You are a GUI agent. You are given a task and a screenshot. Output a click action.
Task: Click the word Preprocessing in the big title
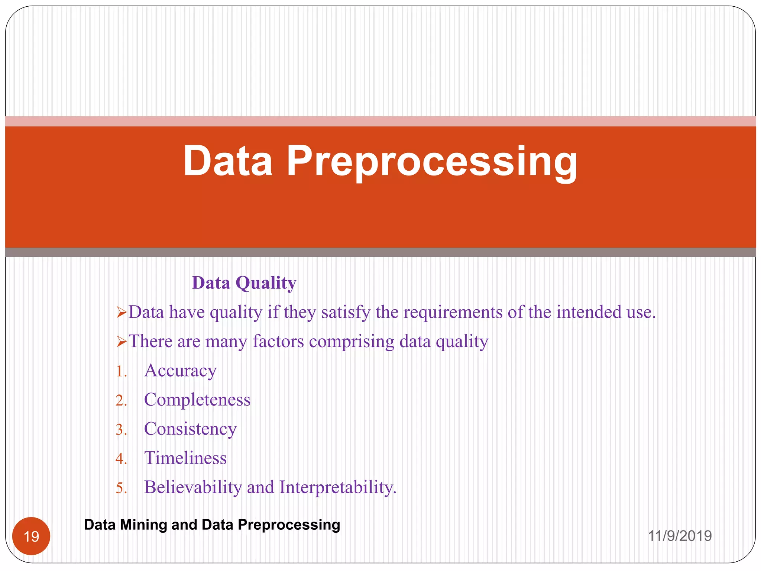(432, 161)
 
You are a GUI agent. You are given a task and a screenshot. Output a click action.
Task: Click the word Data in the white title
(228, 161)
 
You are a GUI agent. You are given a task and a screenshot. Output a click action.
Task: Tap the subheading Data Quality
(244, 283)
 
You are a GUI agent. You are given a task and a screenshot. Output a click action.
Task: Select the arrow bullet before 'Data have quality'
(122, 313)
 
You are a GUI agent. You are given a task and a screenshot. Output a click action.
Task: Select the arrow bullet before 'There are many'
(122, 342)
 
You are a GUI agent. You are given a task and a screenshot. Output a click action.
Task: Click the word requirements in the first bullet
(453, 312)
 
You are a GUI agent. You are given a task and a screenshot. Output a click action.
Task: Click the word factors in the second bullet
(278, 341)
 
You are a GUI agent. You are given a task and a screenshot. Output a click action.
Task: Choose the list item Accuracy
(180, 371)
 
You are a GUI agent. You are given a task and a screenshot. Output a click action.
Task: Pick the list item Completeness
(197, 400)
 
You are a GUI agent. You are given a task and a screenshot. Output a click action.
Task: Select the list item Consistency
(190, 429)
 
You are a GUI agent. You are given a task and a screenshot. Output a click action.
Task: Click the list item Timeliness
(185, 458)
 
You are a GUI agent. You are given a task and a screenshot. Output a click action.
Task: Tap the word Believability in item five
(193, 487)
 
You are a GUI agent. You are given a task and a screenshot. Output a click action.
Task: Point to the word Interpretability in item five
(337, 487)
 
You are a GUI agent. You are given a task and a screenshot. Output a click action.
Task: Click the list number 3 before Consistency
(120, 430)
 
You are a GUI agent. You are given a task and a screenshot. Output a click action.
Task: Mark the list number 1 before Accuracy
(120, 371)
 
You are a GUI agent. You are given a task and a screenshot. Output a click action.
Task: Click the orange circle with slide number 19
(31, 536)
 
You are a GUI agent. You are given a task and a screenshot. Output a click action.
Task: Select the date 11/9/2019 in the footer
(680, 536)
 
